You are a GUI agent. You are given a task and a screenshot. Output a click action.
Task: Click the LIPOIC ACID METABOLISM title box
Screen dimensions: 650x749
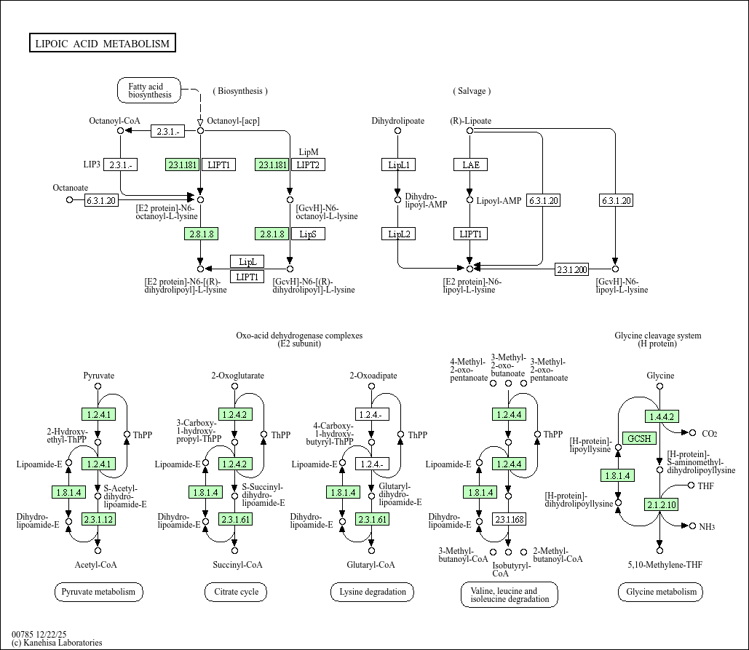coord(102,44)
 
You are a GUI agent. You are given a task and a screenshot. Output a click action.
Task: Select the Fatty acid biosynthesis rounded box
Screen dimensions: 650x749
coord(149,90)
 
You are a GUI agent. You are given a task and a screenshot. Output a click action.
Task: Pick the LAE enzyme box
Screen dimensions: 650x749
coord(470,165)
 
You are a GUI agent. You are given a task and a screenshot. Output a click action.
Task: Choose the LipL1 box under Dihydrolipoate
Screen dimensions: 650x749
coord(398,165)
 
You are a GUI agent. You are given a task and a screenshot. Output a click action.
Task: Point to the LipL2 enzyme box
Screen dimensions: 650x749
coord(398,234)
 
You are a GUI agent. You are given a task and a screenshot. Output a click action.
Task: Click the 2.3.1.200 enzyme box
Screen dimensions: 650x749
coord(571,269)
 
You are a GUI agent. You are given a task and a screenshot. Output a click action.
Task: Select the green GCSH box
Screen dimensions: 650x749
coord(640,438)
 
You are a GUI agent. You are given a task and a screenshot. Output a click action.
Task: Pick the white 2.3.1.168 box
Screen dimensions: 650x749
coord(509,519)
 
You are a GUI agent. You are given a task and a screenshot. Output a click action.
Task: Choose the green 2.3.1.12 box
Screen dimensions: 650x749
coord(98,519)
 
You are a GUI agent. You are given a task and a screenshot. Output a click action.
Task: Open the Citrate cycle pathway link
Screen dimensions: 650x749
coord(236,592)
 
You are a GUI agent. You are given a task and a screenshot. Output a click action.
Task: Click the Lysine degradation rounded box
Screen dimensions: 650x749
coord(373,592)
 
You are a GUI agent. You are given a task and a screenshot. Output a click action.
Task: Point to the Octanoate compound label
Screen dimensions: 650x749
coord(71,188)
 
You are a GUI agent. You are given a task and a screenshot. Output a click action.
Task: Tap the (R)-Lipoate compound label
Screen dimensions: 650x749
coord(470,121)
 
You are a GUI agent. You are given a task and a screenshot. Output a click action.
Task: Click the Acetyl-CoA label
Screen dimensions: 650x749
coord(95,565)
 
